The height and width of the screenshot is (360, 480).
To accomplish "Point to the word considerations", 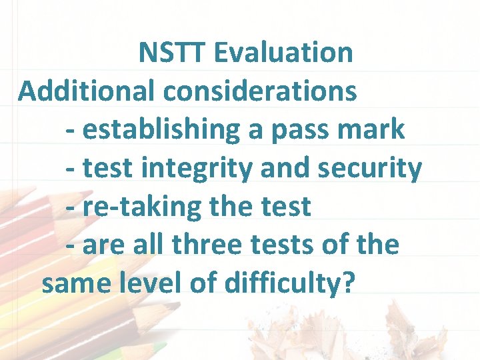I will [x=260, y=91].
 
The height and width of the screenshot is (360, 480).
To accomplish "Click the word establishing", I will [x=161, y=130].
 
